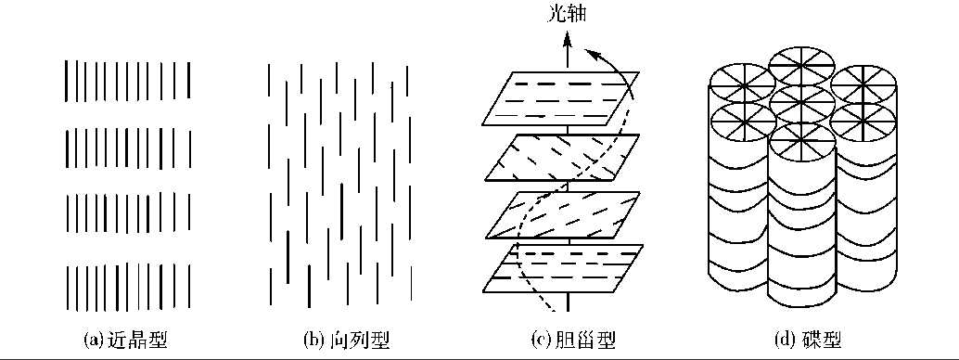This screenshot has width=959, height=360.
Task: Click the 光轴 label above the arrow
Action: tap(568, 16)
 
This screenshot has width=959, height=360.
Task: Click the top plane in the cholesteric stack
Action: tap(562, 97)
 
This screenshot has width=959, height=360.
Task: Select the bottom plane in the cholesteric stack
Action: tap(562, 269)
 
